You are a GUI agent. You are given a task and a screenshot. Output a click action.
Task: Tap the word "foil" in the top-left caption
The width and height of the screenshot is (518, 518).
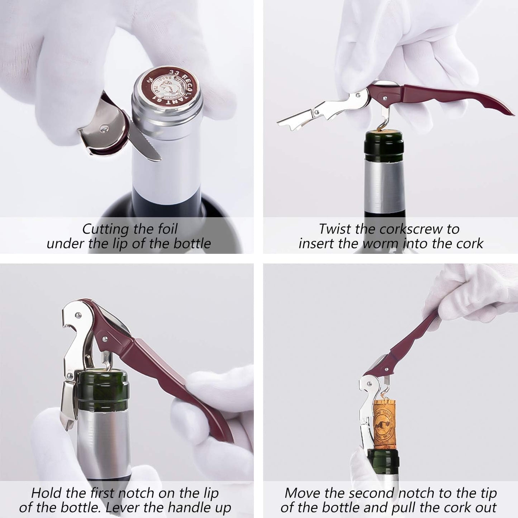pos(164,229)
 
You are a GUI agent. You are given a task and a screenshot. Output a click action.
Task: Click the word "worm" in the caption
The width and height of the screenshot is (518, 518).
pos(381,244)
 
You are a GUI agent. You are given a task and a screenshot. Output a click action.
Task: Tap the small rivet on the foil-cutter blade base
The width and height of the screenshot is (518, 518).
pos(104,127)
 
